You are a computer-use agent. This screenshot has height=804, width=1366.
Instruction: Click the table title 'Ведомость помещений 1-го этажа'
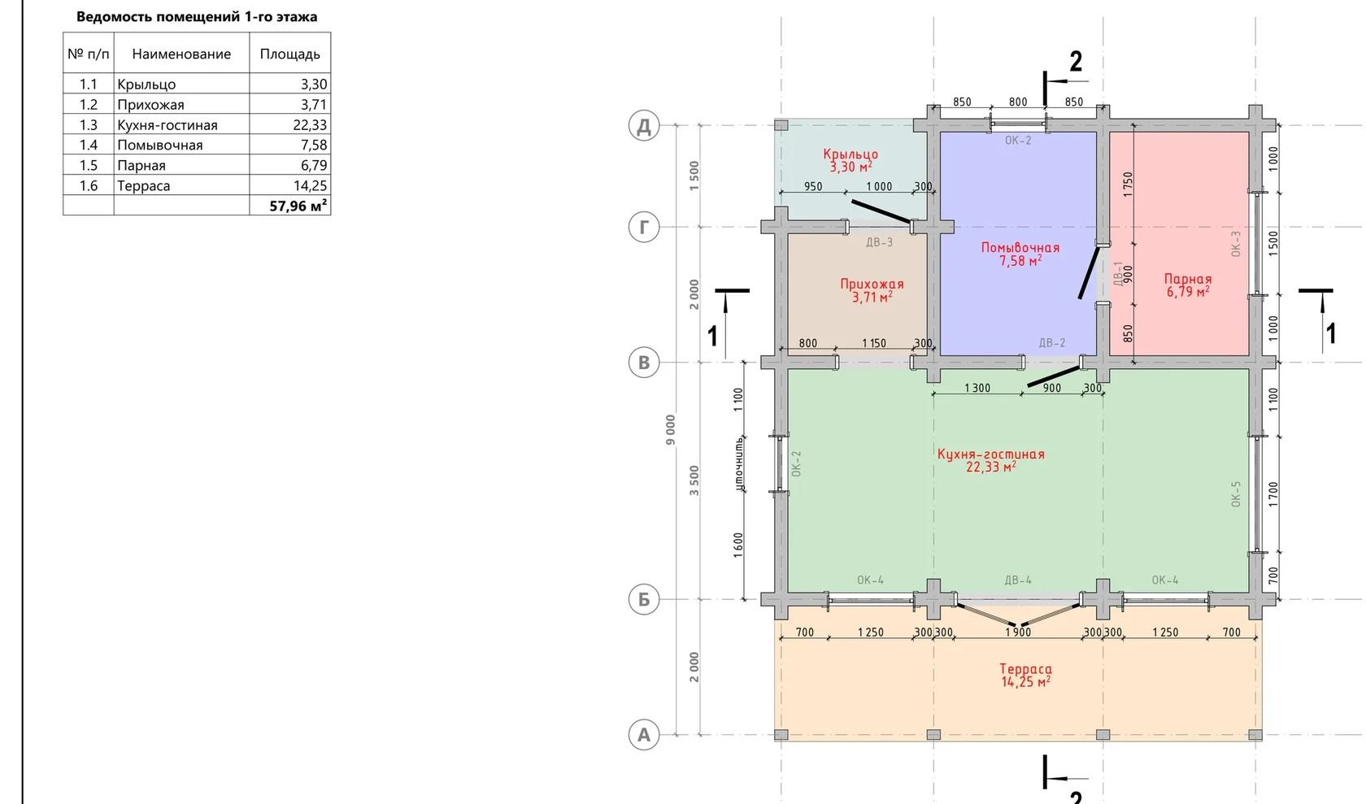point(197,17)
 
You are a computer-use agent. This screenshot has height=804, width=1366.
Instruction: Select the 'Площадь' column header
point(289,54)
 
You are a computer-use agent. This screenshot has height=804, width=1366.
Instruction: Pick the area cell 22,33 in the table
point(310,125)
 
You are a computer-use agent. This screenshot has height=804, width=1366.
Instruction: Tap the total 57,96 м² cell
point(298,206)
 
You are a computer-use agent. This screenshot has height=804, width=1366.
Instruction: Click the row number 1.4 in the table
point(89,145)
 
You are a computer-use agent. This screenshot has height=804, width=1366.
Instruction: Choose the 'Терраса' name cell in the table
point(143,186)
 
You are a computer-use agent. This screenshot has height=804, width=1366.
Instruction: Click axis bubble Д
point(644,125)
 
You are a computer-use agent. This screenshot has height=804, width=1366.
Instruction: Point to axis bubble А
point(644,735)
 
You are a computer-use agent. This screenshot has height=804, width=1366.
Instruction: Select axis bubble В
point(644,363)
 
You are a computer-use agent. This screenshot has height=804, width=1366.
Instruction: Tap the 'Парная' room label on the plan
point(1188,279)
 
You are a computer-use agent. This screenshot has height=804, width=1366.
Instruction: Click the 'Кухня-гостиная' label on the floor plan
point(991,454)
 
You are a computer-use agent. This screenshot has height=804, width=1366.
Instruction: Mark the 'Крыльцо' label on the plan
point(850,154)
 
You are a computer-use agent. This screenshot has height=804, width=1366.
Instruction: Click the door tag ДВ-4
point(1018,580)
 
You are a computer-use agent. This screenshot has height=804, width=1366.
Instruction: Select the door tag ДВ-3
point(880,242)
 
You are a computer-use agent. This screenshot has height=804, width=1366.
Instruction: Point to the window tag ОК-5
point(1236,493)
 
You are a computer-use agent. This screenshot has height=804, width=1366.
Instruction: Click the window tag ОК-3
point(1236,243)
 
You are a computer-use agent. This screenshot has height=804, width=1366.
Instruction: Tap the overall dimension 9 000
point(671,430)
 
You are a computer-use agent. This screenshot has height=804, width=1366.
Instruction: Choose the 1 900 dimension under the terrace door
point(1018,632)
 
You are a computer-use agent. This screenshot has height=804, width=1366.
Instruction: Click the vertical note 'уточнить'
point(739,463)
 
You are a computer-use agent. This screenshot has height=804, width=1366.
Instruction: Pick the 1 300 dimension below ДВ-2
point(977,389)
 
